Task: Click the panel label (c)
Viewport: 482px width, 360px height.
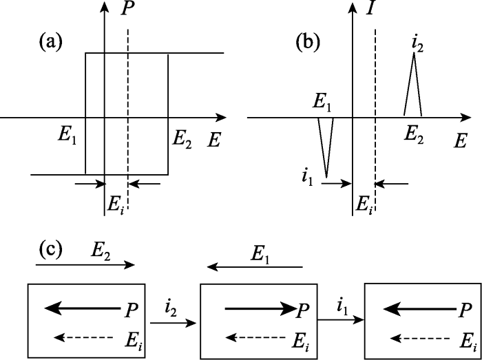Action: pyautogui.click(x=51, y=251)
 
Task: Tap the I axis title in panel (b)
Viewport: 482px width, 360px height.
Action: pyautogui.click(x=370, y=9)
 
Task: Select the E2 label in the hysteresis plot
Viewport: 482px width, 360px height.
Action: pyautogui.click(x=182, y=141)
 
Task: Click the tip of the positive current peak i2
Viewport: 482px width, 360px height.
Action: pyautogui.click(x=414, y=53)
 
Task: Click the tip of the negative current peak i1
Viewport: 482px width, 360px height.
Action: pyautogui.click(x=326, y=178)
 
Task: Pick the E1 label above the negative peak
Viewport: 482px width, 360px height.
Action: pyautogui.click(x=322, y=105)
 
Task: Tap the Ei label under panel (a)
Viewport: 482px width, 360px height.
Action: pyautogui.click(x=115, y=205)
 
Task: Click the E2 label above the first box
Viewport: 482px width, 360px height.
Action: pyautogui.click(x=101, y=252)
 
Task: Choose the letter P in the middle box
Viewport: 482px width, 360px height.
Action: pyautogui.click(x=302, y=312)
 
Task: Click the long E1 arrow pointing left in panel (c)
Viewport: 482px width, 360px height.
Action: pyautogui.click(x=255, y=267)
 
